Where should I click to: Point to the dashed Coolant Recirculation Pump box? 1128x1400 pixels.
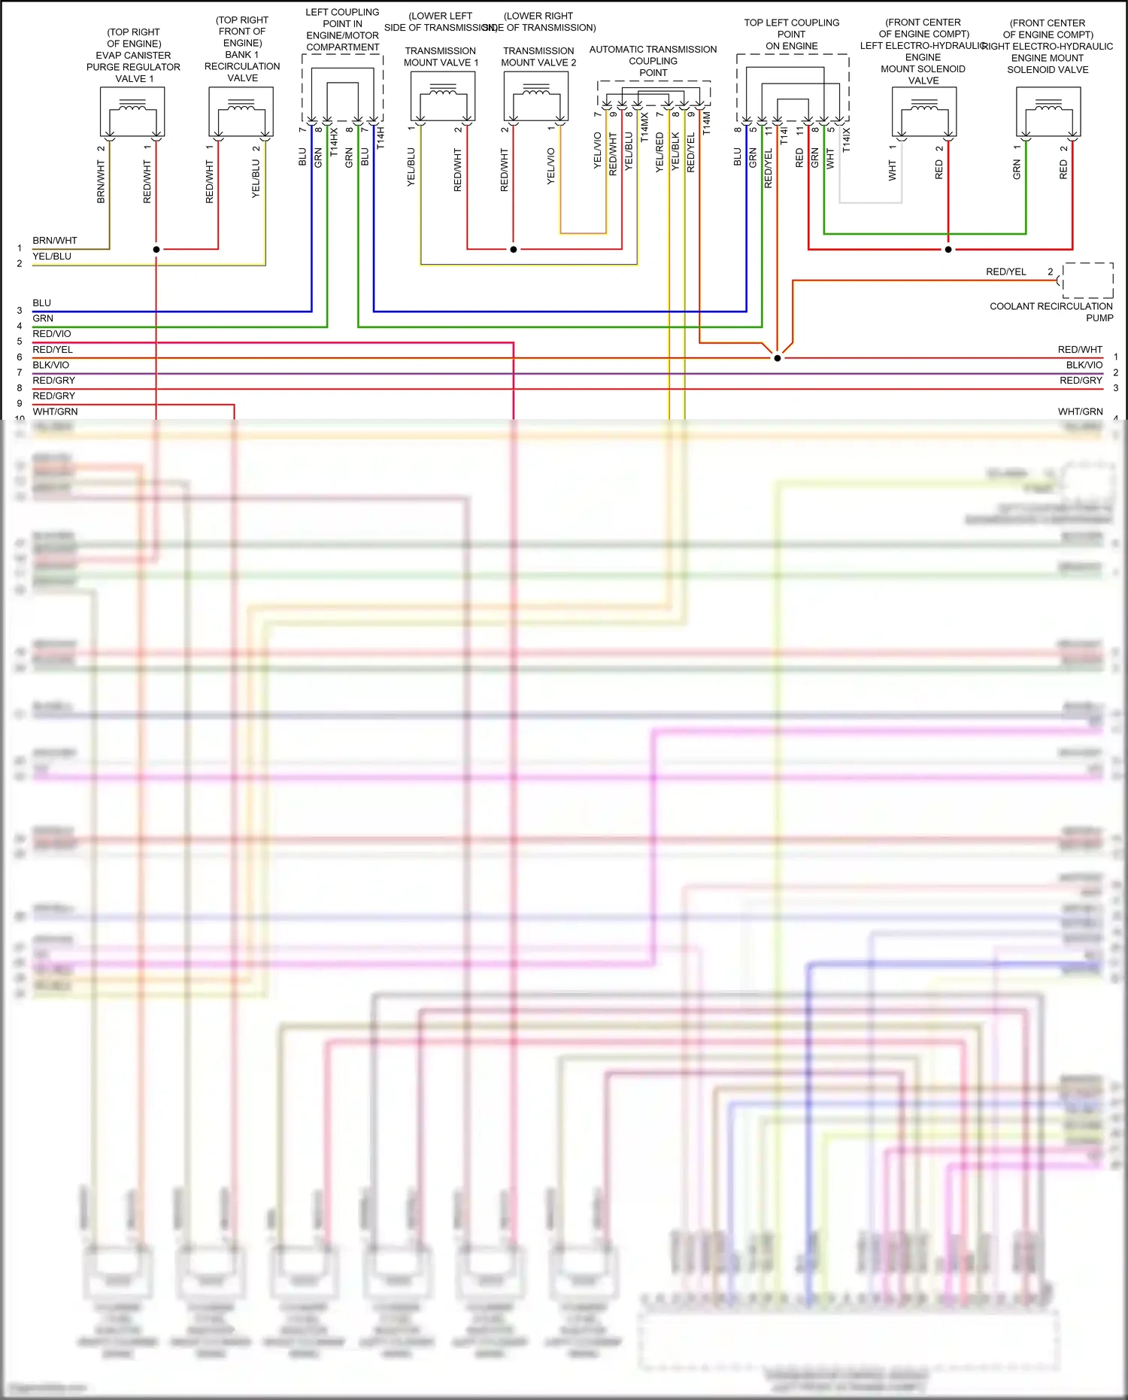[x=1087, y=281]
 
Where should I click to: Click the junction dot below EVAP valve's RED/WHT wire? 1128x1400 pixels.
[x=156, y=249]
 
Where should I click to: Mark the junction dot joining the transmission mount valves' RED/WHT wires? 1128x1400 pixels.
[x=514, y=249]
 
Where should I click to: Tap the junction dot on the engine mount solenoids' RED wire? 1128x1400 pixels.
[x=948, y=249]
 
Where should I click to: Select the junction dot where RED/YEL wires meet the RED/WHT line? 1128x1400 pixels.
[x=778, y=358]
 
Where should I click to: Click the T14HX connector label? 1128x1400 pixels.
[x=334, y=142]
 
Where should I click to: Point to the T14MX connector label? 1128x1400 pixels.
[x=644, y=128]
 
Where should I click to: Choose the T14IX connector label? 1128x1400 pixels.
[x=846, y=139]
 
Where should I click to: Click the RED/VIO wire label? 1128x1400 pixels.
[x=52, y=334]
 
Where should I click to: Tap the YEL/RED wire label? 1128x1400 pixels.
[x=660, y=152]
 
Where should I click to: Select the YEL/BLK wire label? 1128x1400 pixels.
[x=675, y=152]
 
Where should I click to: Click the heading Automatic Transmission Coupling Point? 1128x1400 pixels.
[x=653, y=61]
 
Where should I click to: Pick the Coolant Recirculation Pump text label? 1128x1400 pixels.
[x=1051, y=311]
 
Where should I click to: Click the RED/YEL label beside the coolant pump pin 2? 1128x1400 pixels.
[x=1005, y=272]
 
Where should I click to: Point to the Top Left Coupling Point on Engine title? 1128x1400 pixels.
[x=791, y=34]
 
